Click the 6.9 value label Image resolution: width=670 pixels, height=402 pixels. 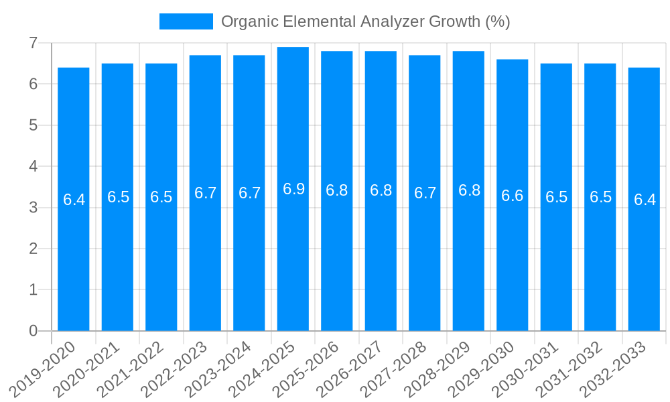293,189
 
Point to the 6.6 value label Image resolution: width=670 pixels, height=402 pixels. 513,196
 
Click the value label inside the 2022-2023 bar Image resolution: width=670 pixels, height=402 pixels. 206,193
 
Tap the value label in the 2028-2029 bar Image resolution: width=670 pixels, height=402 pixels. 469,190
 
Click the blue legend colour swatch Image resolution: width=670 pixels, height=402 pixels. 186,21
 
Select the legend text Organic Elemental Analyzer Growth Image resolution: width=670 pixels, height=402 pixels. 365,21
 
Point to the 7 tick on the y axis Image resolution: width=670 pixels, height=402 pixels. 33,43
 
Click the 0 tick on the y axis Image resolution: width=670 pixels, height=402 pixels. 33,331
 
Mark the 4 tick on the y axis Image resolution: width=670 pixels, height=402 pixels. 33,166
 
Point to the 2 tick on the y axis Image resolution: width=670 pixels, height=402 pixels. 33,249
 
